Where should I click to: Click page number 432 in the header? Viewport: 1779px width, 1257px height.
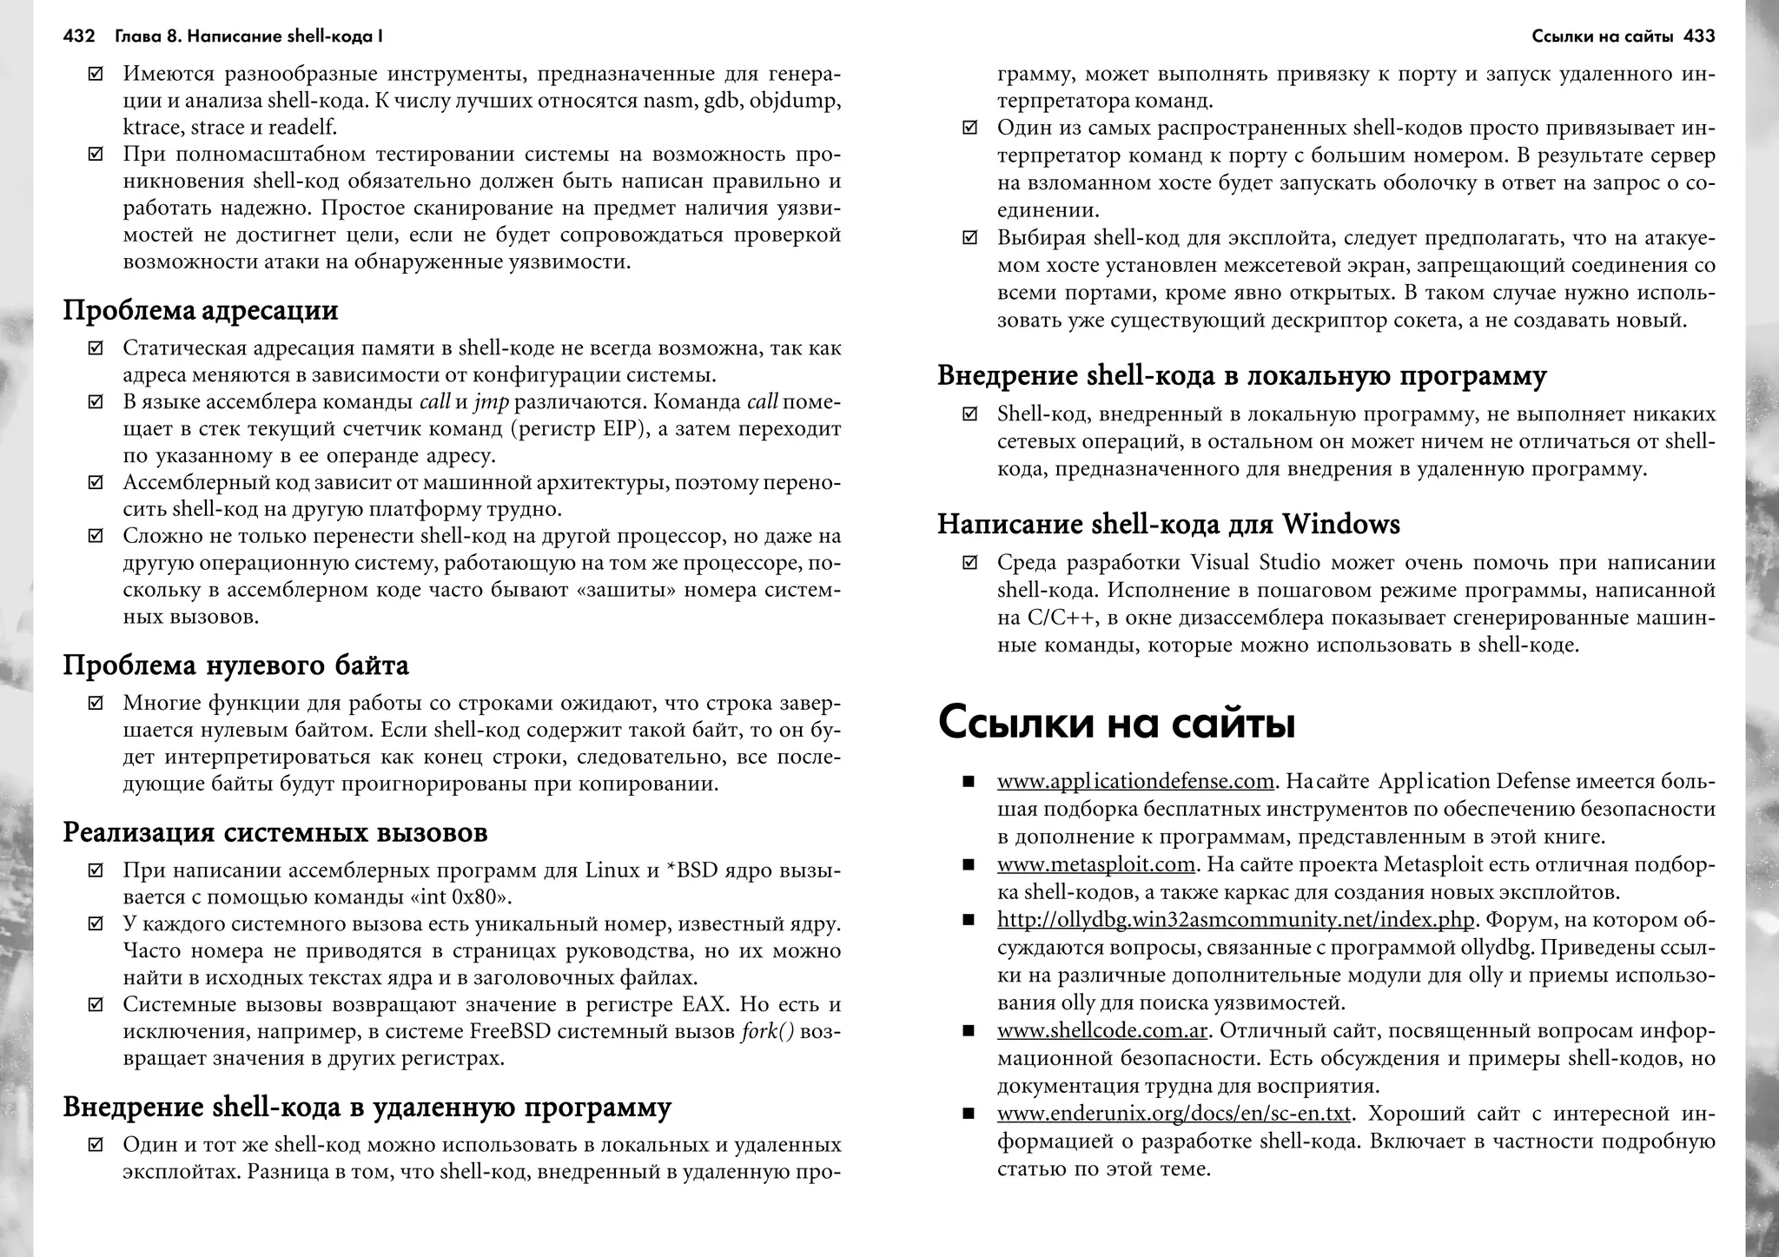click(78, 36)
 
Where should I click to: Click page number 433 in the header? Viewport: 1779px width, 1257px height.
click(1699, 36)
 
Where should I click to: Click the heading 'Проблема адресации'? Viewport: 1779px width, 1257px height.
click(201, 311)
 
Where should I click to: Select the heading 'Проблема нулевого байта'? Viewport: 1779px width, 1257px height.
click(235, 666)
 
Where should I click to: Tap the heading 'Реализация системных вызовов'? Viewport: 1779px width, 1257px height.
click(275, 833)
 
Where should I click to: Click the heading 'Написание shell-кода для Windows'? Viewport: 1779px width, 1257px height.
click(1168, 526)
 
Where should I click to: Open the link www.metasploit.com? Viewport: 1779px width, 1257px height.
click(1096, 865)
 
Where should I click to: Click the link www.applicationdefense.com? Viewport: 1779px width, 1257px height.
click(1135, 782)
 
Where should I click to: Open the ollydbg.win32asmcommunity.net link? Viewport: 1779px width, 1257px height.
click(1235, 920)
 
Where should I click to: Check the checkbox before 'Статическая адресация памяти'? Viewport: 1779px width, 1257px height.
click(96, 349)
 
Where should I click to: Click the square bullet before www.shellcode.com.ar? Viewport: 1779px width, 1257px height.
click(969, 1032)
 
